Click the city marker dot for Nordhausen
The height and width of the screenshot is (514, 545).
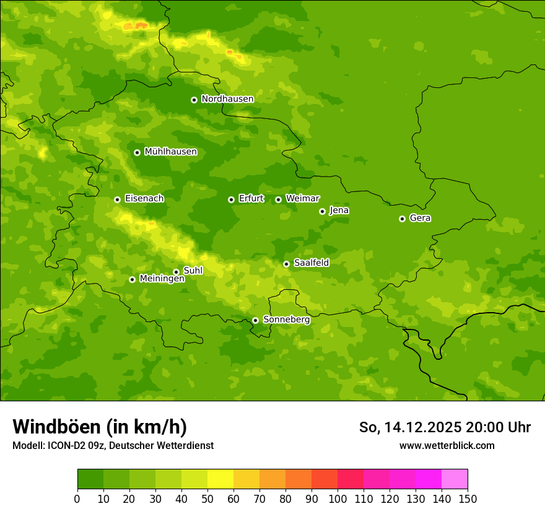194,100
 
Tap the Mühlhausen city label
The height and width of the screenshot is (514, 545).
170,152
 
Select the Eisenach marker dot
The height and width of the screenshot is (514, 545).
117,199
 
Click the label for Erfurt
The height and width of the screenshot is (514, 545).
251,199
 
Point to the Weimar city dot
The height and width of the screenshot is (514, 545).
278,199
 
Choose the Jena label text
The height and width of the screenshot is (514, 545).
339,211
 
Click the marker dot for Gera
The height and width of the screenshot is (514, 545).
402,219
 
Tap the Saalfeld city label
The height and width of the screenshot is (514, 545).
311,263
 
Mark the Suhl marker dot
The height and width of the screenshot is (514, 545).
176,272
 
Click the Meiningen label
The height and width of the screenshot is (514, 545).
162,279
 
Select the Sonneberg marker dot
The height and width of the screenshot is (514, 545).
255,320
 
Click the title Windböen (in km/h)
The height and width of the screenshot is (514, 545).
99,427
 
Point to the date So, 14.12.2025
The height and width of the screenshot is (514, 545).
409,427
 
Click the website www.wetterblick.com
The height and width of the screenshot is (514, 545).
447,445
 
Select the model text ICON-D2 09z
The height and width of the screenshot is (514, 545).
73,445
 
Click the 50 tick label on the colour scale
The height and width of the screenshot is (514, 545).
207,499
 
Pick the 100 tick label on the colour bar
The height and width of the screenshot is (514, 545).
338,499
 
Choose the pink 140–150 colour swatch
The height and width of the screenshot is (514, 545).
455,479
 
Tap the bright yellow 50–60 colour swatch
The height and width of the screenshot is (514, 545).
220,479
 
